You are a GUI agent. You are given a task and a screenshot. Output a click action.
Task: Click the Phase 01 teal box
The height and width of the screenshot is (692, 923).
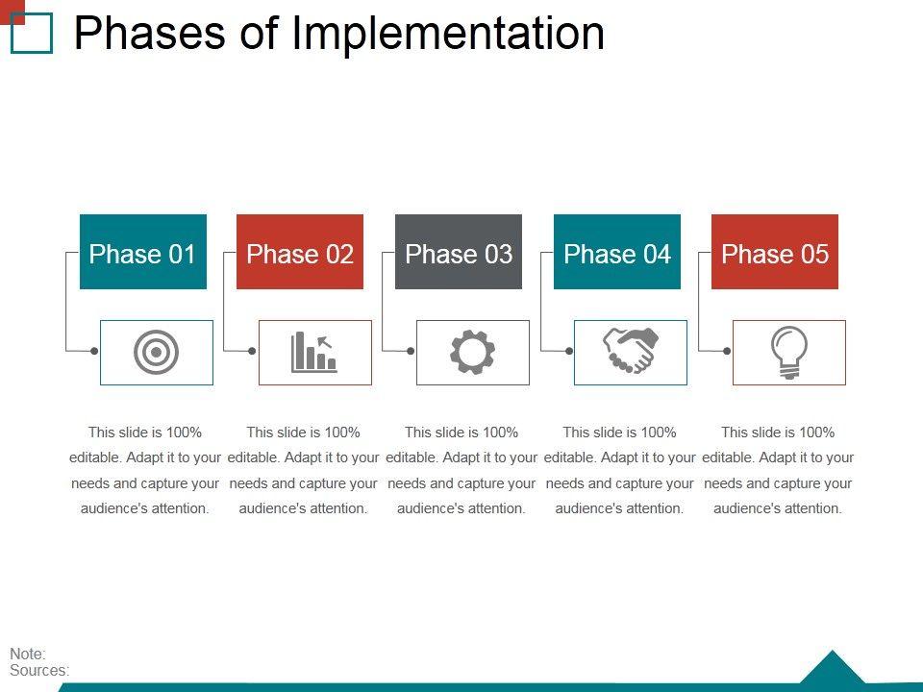point(143,252)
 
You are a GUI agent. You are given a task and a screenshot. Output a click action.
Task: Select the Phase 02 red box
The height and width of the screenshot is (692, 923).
point(300,252)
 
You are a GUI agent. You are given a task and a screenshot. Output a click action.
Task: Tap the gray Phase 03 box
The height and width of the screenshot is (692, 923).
point(459,252)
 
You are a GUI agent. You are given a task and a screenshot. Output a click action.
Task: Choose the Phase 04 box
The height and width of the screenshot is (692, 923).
point(617,252)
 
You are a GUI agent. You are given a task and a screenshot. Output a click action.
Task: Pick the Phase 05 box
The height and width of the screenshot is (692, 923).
point(775,252)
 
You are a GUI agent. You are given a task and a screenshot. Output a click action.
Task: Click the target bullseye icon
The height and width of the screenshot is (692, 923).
point(156,353)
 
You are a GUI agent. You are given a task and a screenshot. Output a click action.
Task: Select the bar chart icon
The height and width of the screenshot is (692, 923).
point(314,353)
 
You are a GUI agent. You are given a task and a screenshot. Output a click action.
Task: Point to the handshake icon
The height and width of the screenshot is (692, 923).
point(631,351)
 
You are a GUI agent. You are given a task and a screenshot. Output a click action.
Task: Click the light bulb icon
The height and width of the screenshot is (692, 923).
point(789,353)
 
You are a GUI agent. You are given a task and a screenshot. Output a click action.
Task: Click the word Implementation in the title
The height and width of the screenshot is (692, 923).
point(449,33)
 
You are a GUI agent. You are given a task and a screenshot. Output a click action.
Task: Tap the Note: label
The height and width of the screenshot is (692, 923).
point(28,654)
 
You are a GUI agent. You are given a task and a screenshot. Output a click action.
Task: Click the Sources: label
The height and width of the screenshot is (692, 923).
point(39,670)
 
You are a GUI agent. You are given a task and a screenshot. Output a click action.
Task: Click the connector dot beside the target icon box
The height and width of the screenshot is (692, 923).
point(94,352)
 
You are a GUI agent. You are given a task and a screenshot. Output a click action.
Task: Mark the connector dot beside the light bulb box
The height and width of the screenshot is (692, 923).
point(727,352)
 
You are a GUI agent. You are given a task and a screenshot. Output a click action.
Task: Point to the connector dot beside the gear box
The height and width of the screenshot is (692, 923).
point(411,352)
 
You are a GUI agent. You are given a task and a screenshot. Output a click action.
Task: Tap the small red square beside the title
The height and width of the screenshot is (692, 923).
point(12,12)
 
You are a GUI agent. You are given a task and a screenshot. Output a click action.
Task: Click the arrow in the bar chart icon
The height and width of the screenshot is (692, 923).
point(324,342)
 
